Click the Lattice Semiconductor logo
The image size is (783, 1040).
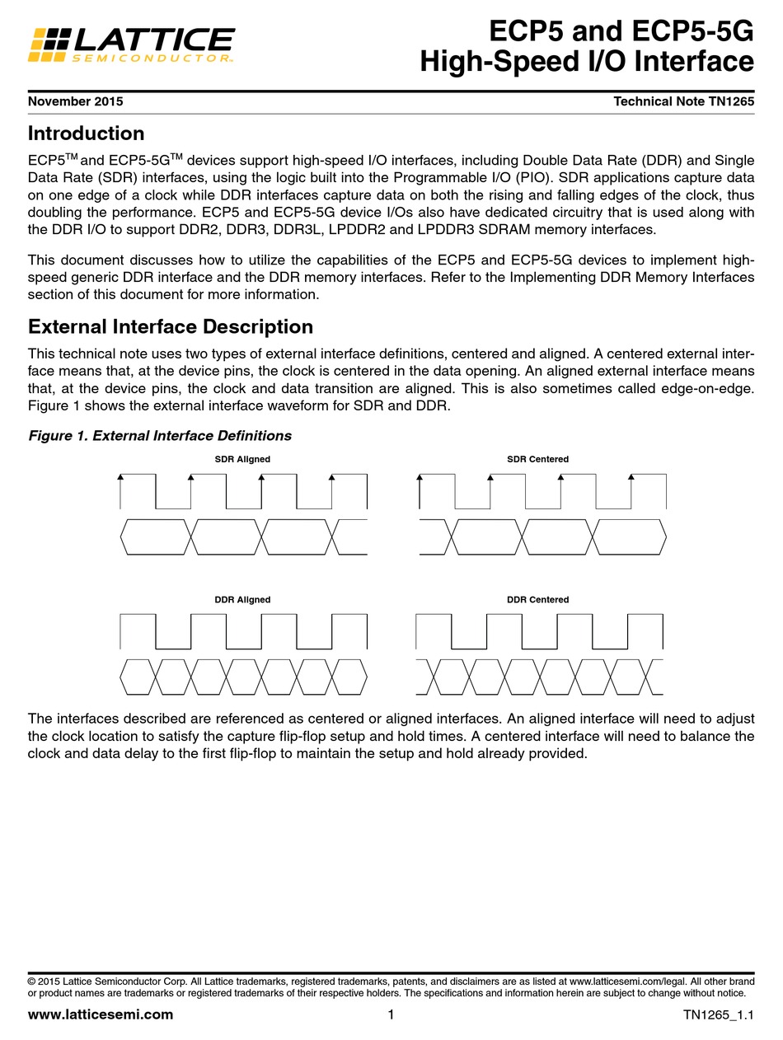pos(132,44)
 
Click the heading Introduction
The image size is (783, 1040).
pos(86,134)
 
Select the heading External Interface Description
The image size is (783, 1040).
pos(171,326)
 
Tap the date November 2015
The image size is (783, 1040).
pos(75,101)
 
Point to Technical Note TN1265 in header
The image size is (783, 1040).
pos(683,101)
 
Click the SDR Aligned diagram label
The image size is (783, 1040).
pos(242,459)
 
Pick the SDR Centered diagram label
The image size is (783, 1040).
pos(537,459)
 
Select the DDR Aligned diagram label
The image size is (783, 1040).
pos(242,599)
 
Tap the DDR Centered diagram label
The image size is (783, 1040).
pos(537,599)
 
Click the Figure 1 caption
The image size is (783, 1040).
pos(160,435)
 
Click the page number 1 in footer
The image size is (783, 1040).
pos(391,1014)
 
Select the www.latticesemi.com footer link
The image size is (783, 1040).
pos(101,1014)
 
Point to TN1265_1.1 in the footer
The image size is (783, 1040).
pos(718,1015)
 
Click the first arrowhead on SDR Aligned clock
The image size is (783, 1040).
pos(120,477)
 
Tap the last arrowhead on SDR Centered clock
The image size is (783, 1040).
pos(631,477)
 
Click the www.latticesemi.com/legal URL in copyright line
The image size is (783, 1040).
pos(631,981)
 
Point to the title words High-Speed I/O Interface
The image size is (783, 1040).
pos(587,62)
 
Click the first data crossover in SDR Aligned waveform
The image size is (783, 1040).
pos(191,536)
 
